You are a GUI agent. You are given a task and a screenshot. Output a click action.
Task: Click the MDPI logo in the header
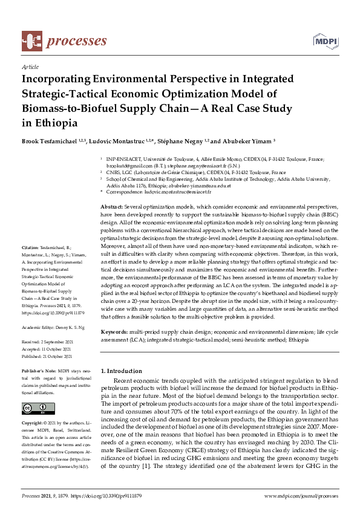tap(324, 41)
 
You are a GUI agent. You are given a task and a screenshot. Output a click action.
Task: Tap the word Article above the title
tap(30, 68)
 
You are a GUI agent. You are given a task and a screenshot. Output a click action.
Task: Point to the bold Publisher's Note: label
tap(38, 369)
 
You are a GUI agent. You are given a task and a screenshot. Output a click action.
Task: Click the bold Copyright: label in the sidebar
tap(33, 422)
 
